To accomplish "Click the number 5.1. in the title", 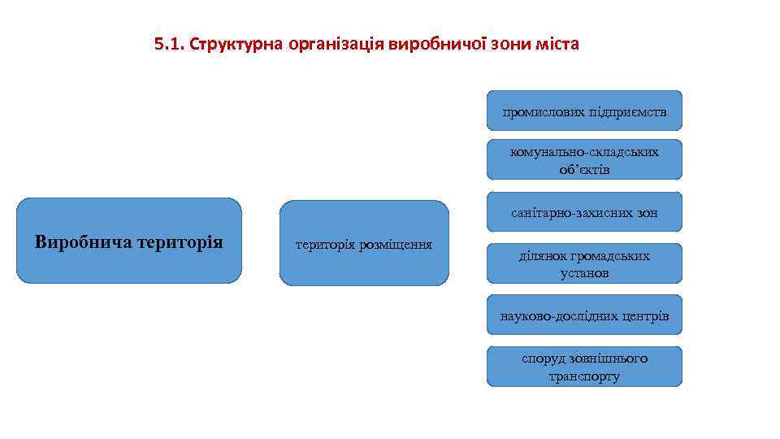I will point(168,44).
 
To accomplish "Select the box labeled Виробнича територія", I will point(129,241).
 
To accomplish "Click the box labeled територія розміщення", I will point(363,243).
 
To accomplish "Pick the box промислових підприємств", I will point(584,111).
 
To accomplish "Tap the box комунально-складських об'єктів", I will point(584,160).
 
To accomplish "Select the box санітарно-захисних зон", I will point(584,213).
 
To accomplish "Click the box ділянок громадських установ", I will point(584,264).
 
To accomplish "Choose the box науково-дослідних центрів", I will point(584,315).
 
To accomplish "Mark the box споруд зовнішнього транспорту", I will point(584,367).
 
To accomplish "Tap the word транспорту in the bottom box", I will point(584,376).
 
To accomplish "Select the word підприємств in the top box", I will point(629,112).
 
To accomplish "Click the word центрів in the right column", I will point(642,315).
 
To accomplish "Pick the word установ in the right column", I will point(584,273).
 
